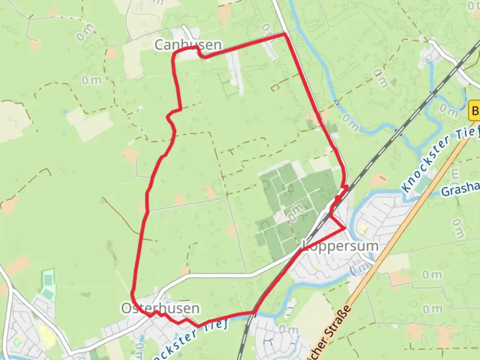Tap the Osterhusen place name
(160, 308)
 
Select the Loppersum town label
(340, 246)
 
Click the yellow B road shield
(475, 110)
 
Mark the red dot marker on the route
(338, 199)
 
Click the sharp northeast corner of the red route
(284, 34)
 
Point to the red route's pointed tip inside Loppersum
(345, 228)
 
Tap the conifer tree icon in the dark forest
(290, 190)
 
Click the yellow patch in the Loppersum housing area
(363, 228)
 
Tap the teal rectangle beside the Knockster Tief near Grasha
(423, 184)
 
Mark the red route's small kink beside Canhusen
(200, 53)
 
